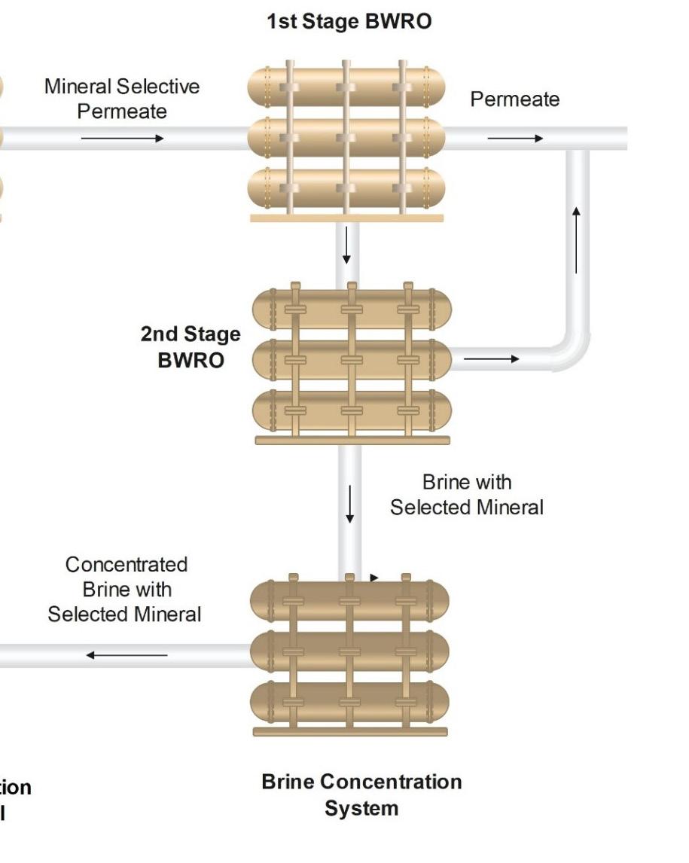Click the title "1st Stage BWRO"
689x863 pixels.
[349, 22]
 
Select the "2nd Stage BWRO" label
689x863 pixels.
[191, 347]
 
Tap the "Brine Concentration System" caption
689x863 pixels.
[361, 795]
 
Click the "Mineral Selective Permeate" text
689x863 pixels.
[122, 99]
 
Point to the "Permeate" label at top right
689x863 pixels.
[515, 99]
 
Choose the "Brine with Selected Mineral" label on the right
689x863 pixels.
[467, 494]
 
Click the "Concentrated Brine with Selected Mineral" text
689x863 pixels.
[125, 590]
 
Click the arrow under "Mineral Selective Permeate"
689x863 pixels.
[122, 139]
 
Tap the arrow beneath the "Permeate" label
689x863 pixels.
[515, 139]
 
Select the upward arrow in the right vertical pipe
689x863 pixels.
[577, 239]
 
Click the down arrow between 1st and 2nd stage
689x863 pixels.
[346, 245]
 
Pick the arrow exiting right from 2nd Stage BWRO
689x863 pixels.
[491, 359]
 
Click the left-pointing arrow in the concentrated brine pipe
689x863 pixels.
[127, 655]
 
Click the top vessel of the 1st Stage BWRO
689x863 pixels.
[346, 87]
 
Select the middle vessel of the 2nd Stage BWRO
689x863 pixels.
[351, 360]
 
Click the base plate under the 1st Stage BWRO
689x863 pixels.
[346, 218]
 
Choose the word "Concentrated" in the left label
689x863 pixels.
[127, 565]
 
